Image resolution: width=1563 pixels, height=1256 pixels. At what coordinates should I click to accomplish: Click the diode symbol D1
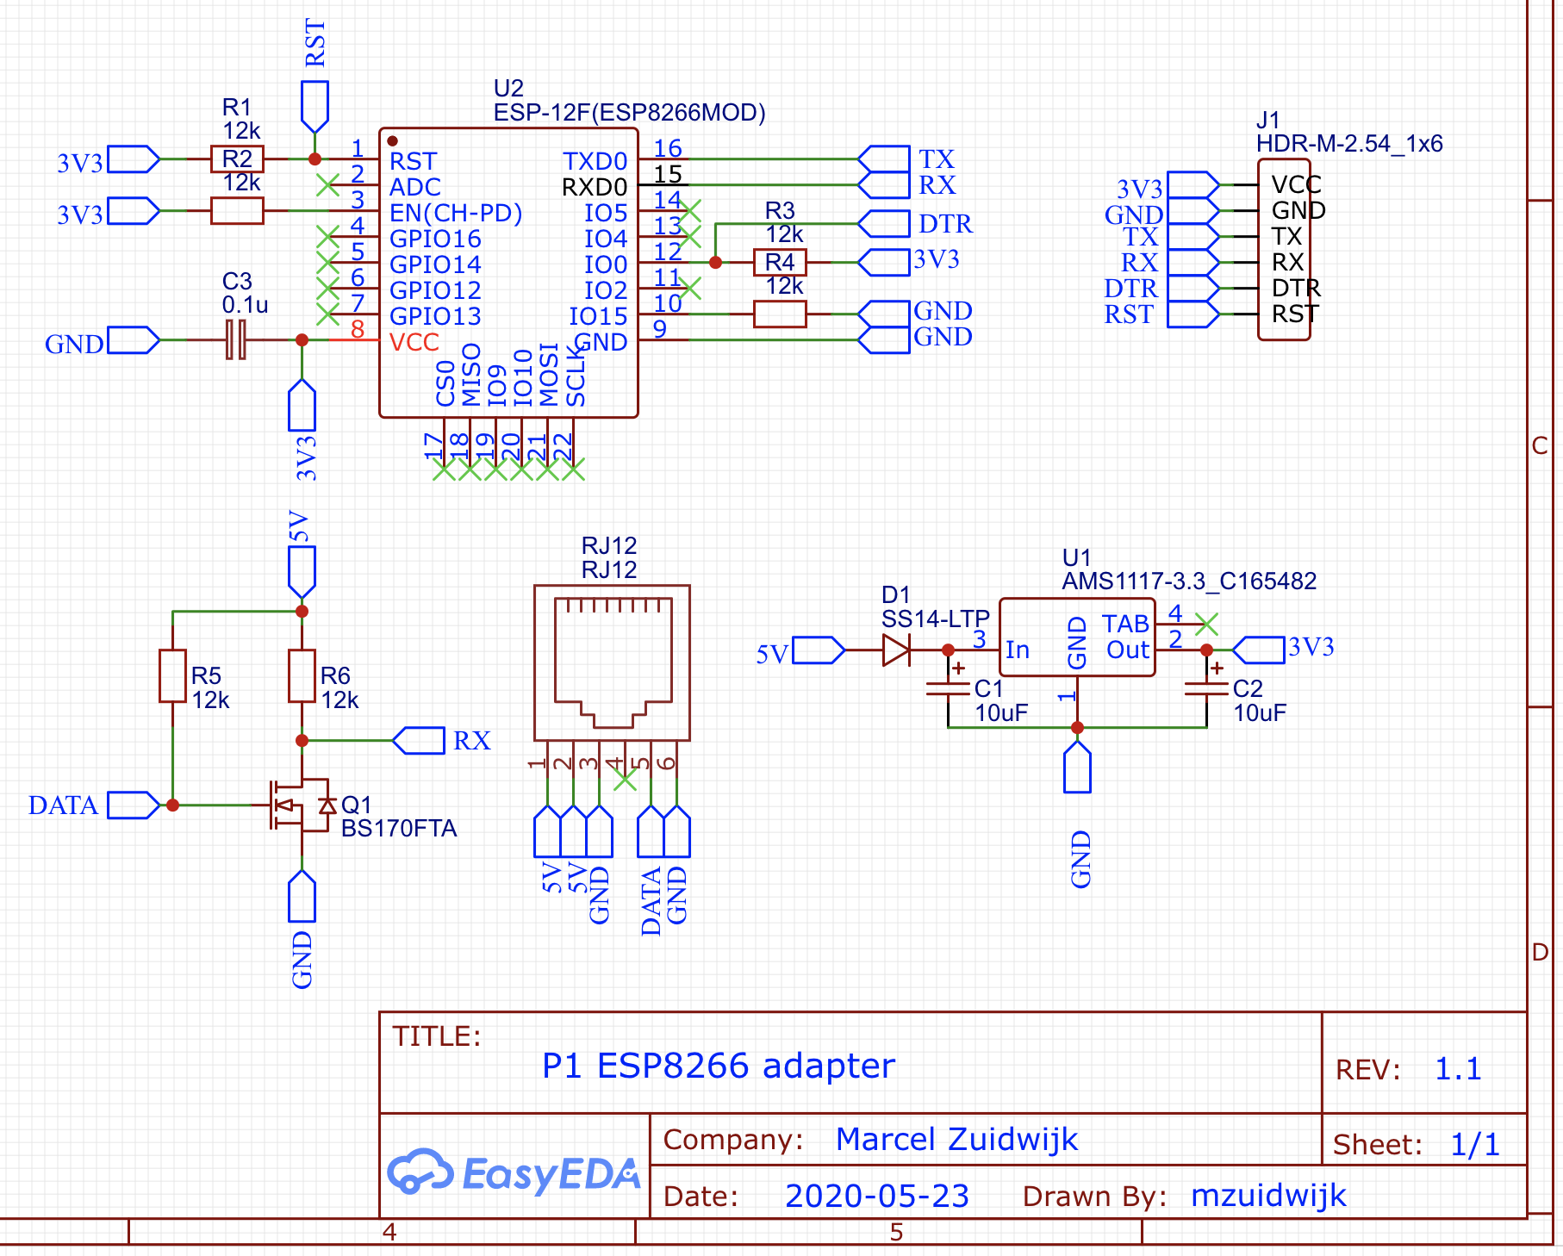[x=896, y=650]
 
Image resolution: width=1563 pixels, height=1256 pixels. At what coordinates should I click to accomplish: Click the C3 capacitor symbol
[x=236, y=339]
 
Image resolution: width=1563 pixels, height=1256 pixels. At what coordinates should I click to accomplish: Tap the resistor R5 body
[x=173, y=676]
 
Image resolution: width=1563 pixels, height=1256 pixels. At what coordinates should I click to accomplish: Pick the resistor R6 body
[x=302, y=676]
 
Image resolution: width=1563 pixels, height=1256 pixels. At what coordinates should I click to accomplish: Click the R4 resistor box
[x=780, y=262]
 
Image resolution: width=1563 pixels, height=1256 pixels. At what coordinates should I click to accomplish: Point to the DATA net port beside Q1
[x=134, y=805]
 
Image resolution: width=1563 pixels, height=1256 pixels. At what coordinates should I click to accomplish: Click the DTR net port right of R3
[x=883, y=223]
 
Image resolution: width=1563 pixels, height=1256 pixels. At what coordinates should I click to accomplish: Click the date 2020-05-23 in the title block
[x=877, y=1196]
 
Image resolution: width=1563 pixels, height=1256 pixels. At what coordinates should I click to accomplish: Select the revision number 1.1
[x=1458, y=1069]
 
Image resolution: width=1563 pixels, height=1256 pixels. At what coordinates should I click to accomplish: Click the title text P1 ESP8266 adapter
[x=719, y=1066]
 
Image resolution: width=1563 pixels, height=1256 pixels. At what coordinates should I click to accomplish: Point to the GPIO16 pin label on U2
[x=435, y=239]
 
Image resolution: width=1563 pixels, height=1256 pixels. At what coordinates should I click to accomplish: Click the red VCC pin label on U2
[x=414, y=342]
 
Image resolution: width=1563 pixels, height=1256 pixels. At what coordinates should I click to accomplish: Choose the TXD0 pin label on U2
[x=595, y=161]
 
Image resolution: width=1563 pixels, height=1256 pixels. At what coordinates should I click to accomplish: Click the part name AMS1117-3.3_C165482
[x=1189, y=581]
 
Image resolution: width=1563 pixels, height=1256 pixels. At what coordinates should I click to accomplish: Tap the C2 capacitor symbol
[x=1206, y=688]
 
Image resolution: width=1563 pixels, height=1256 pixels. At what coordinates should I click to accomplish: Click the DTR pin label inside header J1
[x=1297, y=288]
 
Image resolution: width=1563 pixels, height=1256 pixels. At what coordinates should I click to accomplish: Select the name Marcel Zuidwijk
[x=956, y=1139]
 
